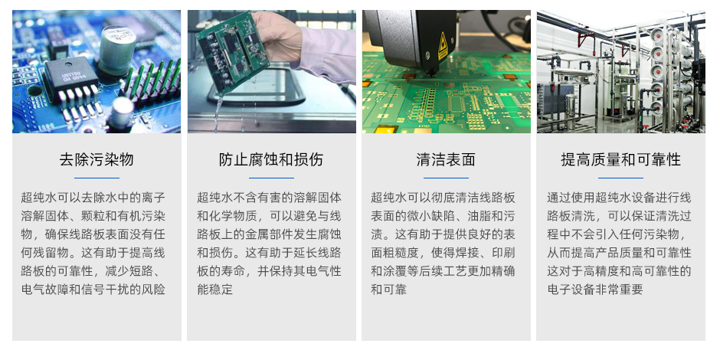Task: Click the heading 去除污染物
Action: point(97,159)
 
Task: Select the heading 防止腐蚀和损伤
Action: point(271,159)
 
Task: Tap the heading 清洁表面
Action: point(446,159)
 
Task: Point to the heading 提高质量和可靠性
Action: point(620,159)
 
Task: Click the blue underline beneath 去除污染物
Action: point(97,178)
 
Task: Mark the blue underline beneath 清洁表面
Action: point(446,178)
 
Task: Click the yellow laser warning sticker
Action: point(443,46)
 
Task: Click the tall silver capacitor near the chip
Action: point(116,50)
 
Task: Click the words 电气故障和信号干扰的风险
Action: point(93,290)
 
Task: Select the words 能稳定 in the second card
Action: point(215,290)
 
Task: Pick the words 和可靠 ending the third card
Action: point(389,290)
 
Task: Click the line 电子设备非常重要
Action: point(595,290)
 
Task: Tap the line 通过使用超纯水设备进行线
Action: point(619,198)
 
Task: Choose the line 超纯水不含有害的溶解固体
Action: point(269,198)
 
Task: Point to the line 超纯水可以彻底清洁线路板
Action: point(443,198)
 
